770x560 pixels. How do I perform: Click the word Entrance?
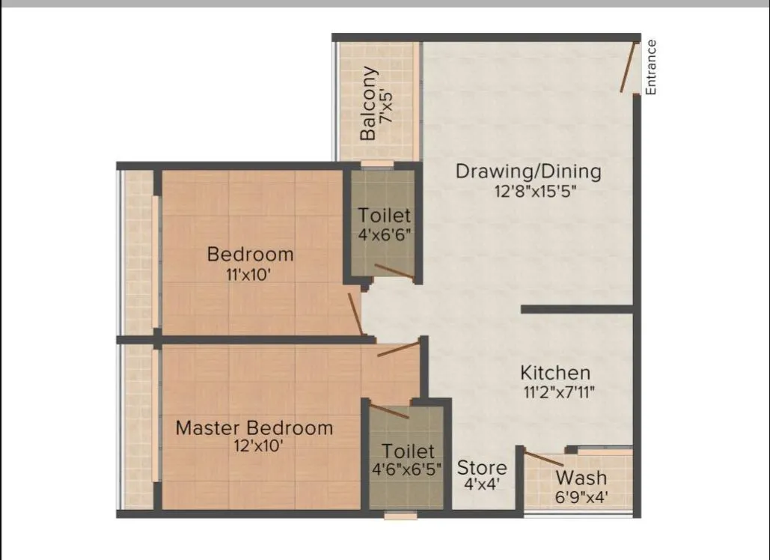pyautogui.click(x=651, y=67)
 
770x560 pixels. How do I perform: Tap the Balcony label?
pyautogui.click(x=368, y=104)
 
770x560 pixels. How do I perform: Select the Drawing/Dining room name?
pyautogui.click(x=528, y=171)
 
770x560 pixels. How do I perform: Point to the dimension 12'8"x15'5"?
pyautogui.click(x=534, y=191)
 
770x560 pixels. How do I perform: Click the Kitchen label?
pyautogui.click(x=555, y=372)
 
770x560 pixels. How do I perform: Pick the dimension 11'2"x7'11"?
pyautogui.click(x=559, y=390)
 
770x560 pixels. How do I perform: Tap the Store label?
pyautogui.click(x=482, y=468)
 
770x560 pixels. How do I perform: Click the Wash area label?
pyautogui.click(x=581, y=478)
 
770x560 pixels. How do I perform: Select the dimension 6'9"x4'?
pyautogui.click(x=581, y=496)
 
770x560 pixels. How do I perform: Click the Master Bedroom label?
pyautogui.click(x=254, y=428)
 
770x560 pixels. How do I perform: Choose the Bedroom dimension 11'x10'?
pyautogui.click(x=250, y=273)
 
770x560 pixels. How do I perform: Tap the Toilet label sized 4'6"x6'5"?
pyautogui.click(x=408, y=451)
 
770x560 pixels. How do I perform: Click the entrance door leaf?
pyautogui.click(x=627, y=67)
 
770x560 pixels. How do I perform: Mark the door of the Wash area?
pyautogui.click(x=545, y=460)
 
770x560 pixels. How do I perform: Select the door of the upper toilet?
pyautogui.click(x=394, y=272)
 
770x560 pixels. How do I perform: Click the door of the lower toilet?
pyautogui.click(x=389, y=411)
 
